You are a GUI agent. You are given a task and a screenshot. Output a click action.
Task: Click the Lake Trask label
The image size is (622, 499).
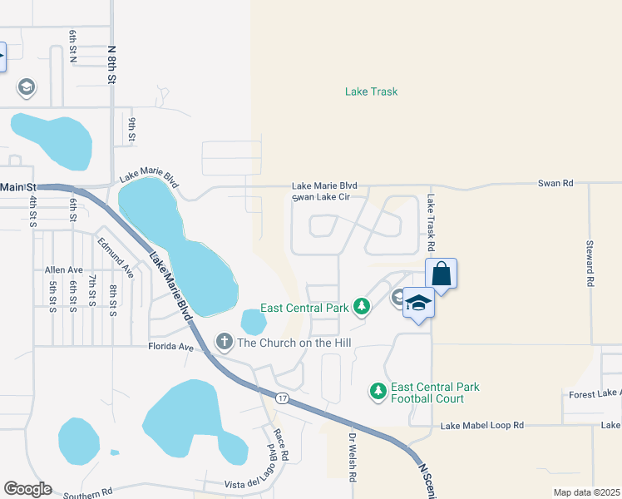371,91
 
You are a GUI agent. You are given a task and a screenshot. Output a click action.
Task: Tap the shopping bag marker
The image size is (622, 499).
441,274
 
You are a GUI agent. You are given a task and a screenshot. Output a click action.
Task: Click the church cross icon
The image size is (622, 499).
224,341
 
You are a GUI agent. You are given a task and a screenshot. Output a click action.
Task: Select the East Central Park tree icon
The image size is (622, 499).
361,307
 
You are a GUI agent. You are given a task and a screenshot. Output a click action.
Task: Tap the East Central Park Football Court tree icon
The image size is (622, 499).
378,390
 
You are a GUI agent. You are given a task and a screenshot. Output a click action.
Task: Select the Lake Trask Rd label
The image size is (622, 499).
431,223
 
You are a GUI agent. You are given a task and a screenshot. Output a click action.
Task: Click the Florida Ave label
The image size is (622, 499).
170,346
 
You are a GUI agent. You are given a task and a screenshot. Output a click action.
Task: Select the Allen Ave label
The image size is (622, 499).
64,270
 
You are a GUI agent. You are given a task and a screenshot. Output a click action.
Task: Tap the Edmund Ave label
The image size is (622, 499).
115,257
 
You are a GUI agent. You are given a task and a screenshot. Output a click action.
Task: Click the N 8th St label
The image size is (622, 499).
111,63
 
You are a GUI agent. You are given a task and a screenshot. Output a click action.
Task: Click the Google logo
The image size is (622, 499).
27,489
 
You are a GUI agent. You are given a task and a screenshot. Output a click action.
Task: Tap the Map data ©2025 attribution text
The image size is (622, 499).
586,492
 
